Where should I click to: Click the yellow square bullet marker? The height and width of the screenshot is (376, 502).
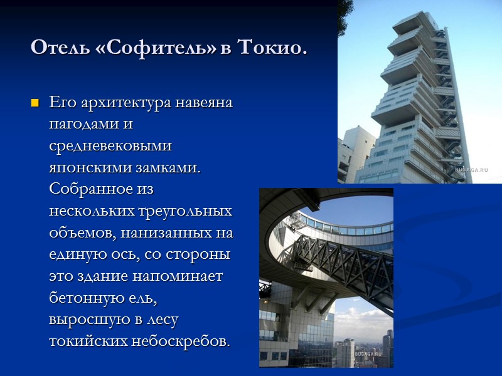click(35, 102)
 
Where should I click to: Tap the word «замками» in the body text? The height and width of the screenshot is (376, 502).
click(169, 167)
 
